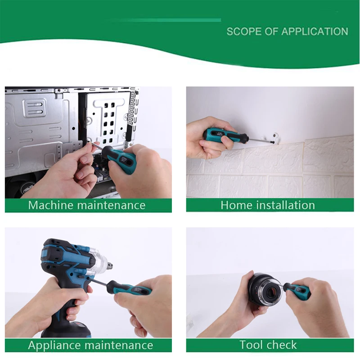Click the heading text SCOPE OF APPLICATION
click(x=287, y=31)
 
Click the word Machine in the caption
click(x=50, y=206)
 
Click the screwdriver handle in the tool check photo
click(x=297, y=290)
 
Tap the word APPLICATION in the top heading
click(x=315, y=31)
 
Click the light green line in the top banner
click(x=166, y=20)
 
